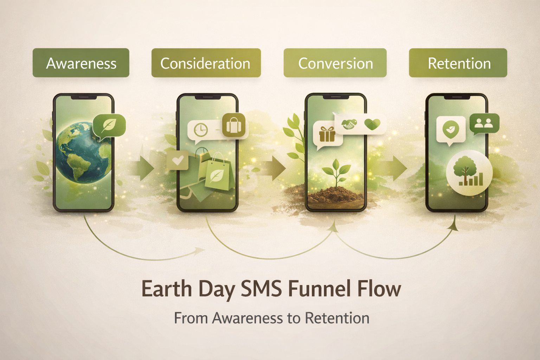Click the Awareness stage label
tap(81, 63)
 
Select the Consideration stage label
tap(206, 63)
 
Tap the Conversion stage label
tap(335, 63)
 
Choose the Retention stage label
tap(458, 63)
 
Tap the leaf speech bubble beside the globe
tap(109, 127)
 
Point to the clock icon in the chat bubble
tap(201, 130)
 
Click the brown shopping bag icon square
tap(233, 125)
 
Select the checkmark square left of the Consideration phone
tap(178, 160)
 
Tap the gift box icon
tap(327, 134)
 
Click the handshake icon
tap(349, 124)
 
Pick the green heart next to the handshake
tap(372, 124)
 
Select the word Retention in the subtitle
tap(337, 318)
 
